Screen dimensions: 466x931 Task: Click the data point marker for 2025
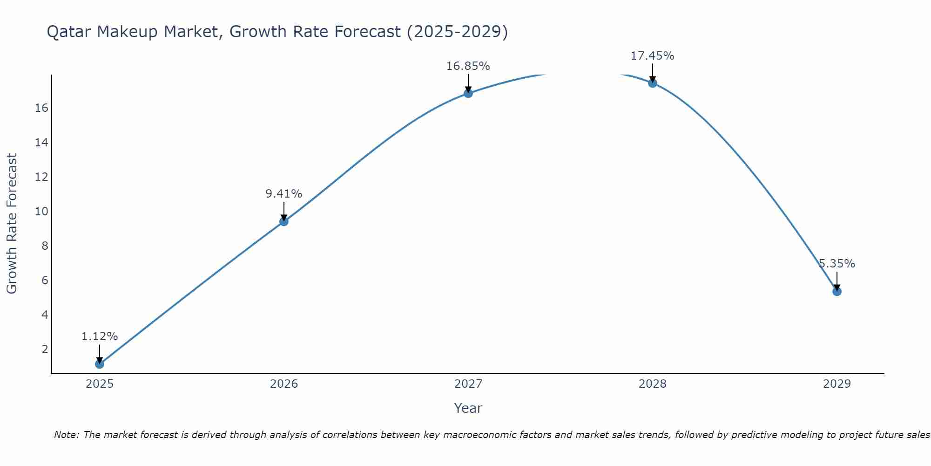click(100, 364)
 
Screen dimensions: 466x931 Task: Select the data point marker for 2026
click(284, 221)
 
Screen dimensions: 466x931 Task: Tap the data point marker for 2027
click(468, 93)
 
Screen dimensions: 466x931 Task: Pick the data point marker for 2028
click(653, 83)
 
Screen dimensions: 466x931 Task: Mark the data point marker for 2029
click(837, 292)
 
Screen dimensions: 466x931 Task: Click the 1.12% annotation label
click(100, 336)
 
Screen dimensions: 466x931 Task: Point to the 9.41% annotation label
click(284, 194)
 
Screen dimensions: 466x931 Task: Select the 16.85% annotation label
click(468, 66)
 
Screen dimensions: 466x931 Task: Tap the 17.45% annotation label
click(653, 56)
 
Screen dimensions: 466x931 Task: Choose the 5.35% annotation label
click(837, 264)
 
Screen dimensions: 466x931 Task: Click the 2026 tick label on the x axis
click(284, 384)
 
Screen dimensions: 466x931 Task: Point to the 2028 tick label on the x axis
click(653, 384)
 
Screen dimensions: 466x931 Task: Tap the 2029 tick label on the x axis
click(837, 384)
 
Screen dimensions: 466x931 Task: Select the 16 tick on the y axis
click(41, 108)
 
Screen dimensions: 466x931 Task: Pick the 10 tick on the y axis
click(41, 212)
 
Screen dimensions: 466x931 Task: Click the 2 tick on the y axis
click(45, 349)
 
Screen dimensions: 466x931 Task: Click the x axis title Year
click(468, 408)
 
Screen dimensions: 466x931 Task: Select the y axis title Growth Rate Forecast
click(12, 224)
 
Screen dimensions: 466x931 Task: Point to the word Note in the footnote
click(66, 435)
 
